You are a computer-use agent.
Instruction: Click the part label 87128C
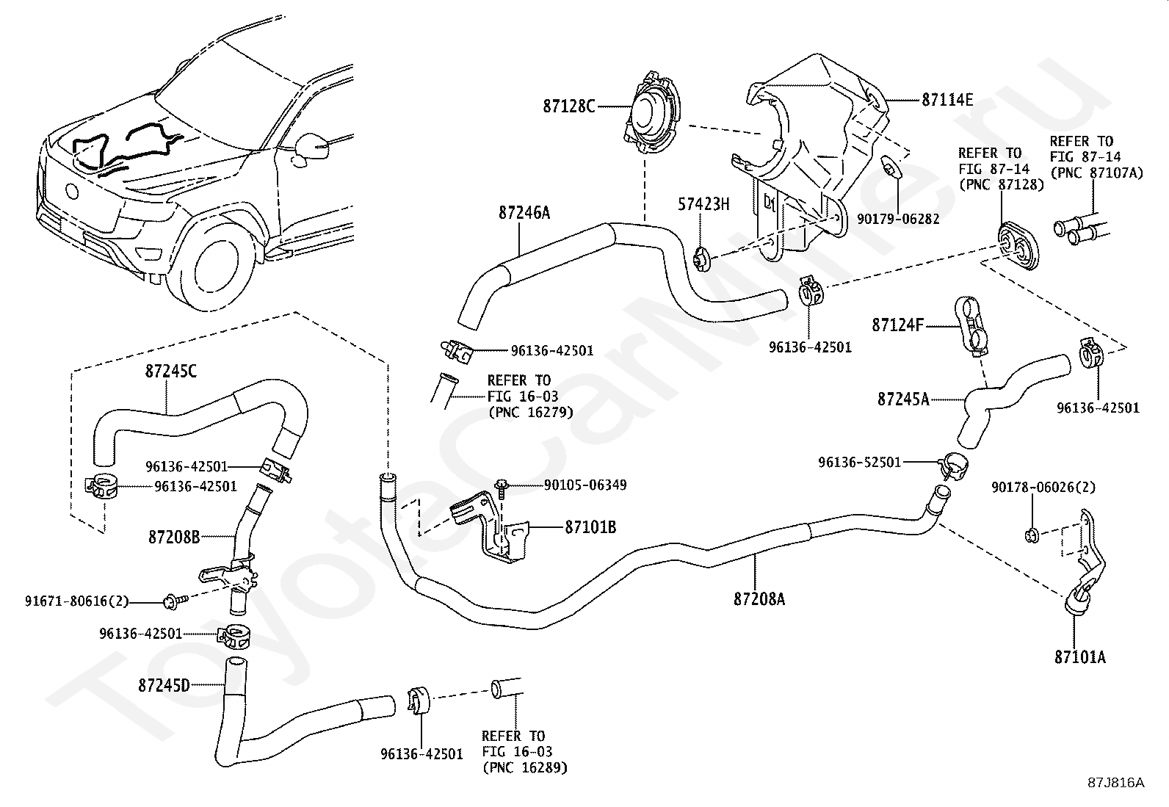pos(568,106)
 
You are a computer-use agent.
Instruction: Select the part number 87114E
pos(947,100)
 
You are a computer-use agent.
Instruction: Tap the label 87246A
pos(524,213)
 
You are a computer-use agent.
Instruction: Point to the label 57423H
pos(703,204)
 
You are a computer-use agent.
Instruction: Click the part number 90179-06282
pos(898,220)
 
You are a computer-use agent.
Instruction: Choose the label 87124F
pos(897,325)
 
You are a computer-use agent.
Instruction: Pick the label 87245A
pos(903,399)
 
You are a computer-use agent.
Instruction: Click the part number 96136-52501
pos(860,463)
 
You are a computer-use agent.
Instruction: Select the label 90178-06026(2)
pos(1043,488)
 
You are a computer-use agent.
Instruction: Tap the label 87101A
pos(1079,656)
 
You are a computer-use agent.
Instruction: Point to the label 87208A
pos(759,598)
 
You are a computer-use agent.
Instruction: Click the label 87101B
pos(590,527)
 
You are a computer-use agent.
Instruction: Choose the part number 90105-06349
pos(585,485)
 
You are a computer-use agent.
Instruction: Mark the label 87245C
pos(171,371)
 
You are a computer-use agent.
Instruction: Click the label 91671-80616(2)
pos(76,601)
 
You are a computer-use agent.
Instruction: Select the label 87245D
pos(164,685)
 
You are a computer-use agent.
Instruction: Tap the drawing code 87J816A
pos(1116,783)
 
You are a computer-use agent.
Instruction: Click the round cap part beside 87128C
pos(652,113)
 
